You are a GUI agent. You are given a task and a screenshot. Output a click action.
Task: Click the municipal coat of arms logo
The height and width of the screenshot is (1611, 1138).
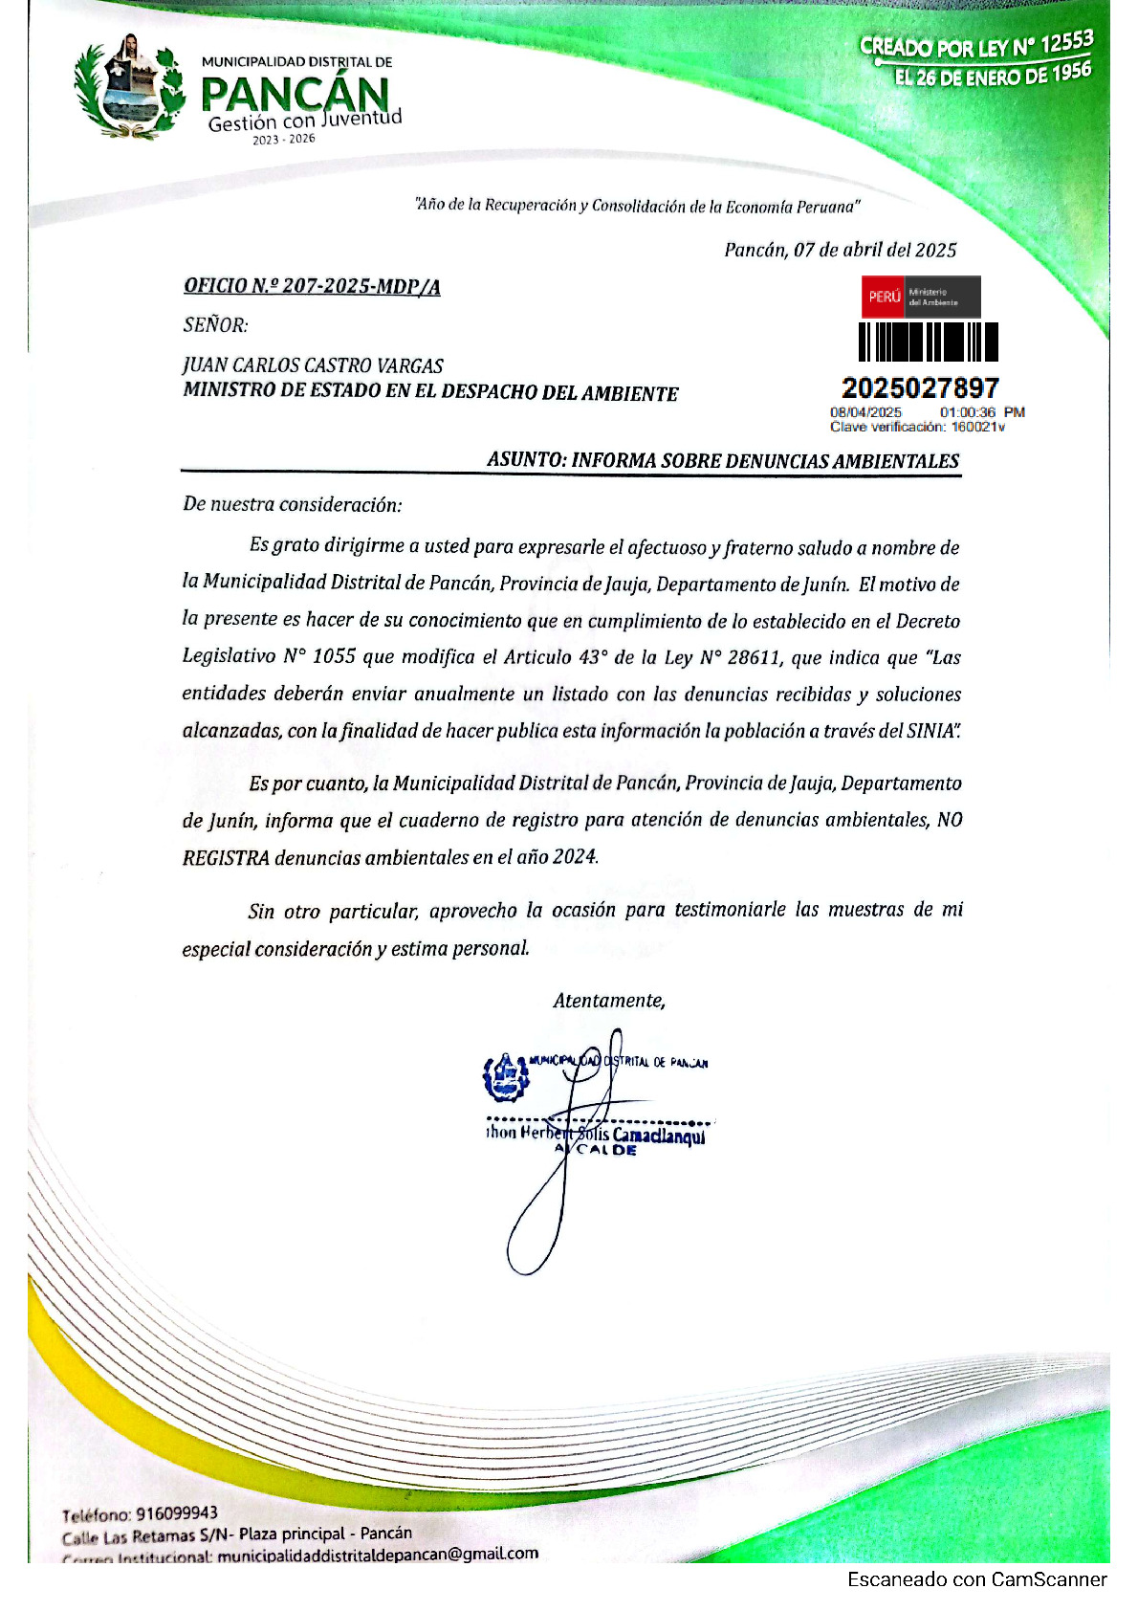[130, 88]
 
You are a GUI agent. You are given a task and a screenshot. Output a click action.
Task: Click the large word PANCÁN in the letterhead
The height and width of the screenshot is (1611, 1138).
[295, 94]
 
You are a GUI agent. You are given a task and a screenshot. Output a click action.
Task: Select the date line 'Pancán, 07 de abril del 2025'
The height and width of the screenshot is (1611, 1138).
[840, 251]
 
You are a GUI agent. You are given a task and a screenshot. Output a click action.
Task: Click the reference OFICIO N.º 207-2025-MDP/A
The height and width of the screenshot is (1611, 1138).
[312, 286]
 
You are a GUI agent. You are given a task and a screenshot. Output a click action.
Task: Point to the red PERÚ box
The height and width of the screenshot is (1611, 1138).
[884, 297]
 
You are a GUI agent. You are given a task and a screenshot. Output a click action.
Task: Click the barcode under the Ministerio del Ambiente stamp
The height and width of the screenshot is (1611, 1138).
[927, 342]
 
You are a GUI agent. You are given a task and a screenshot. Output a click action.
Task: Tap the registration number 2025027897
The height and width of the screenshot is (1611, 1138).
[920, 387]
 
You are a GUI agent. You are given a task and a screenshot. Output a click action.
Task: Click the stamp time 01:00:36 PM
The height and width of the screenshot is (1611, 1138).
[981, 412]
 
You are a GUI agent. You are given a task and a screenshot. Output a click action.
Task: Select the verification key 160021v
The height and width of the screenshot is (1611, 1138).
[977, 427]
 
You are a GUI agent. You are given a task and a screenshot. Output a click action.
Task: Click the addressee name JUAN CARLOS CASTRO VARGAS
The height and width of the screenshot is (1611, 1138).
[313, 365]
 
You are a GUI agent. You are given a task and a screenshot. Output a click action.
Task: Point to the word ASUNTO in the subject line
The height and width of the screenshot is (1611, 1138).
[524, 459]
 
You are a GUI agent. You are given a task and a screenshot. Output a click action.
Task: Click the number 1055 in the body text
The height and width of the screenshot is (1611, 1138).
[334, 657]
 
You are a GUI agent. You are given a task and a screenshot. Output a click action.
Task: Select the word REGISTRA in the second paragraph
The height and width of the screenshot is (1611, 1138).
[226, 857]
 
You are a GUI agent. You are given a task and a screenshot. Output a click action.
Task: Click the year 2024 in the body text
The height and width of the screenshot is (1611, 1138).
[574, 856]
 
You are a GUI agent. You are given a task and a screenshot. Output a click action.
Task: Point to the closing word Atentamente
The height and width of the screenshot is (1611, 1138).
[608, 1001]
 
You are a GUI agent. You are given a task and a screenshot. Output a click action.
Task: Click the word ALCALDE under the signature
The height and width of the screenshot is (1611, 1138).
[596, 1150]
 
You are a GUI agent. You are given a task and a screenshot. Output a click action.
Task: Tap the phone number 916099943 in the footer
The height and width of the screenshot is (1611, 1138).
[177, 1513]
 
